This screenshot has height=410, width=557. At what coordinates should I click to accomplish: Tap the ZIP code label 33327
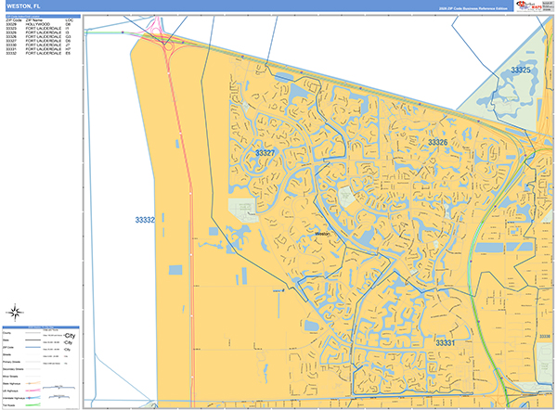pos(266,153)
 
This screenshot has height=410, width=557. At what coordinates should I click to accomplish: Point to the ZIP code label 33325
pos(521,70)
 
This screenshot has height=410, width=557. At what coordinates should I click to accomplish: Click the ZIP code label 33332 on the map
pos(144,220)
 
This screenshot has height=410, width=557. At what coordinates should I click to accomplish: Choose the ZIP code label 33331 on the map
pos(445,343)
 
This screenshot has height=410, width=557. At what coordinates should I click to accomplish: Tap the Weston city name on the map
pos(322,235)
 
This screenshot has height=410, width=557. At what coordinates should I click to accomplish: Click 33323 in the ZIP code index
pos(10,29)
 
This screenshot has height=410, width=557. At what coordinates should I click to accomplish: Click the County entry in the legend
pos(9,334)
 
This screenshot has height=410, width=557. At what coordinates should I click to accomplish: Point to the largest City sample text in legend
pos(70,335)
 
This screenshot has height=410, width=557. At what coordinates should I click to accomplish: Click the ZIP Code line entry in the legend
pos(11,348)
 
